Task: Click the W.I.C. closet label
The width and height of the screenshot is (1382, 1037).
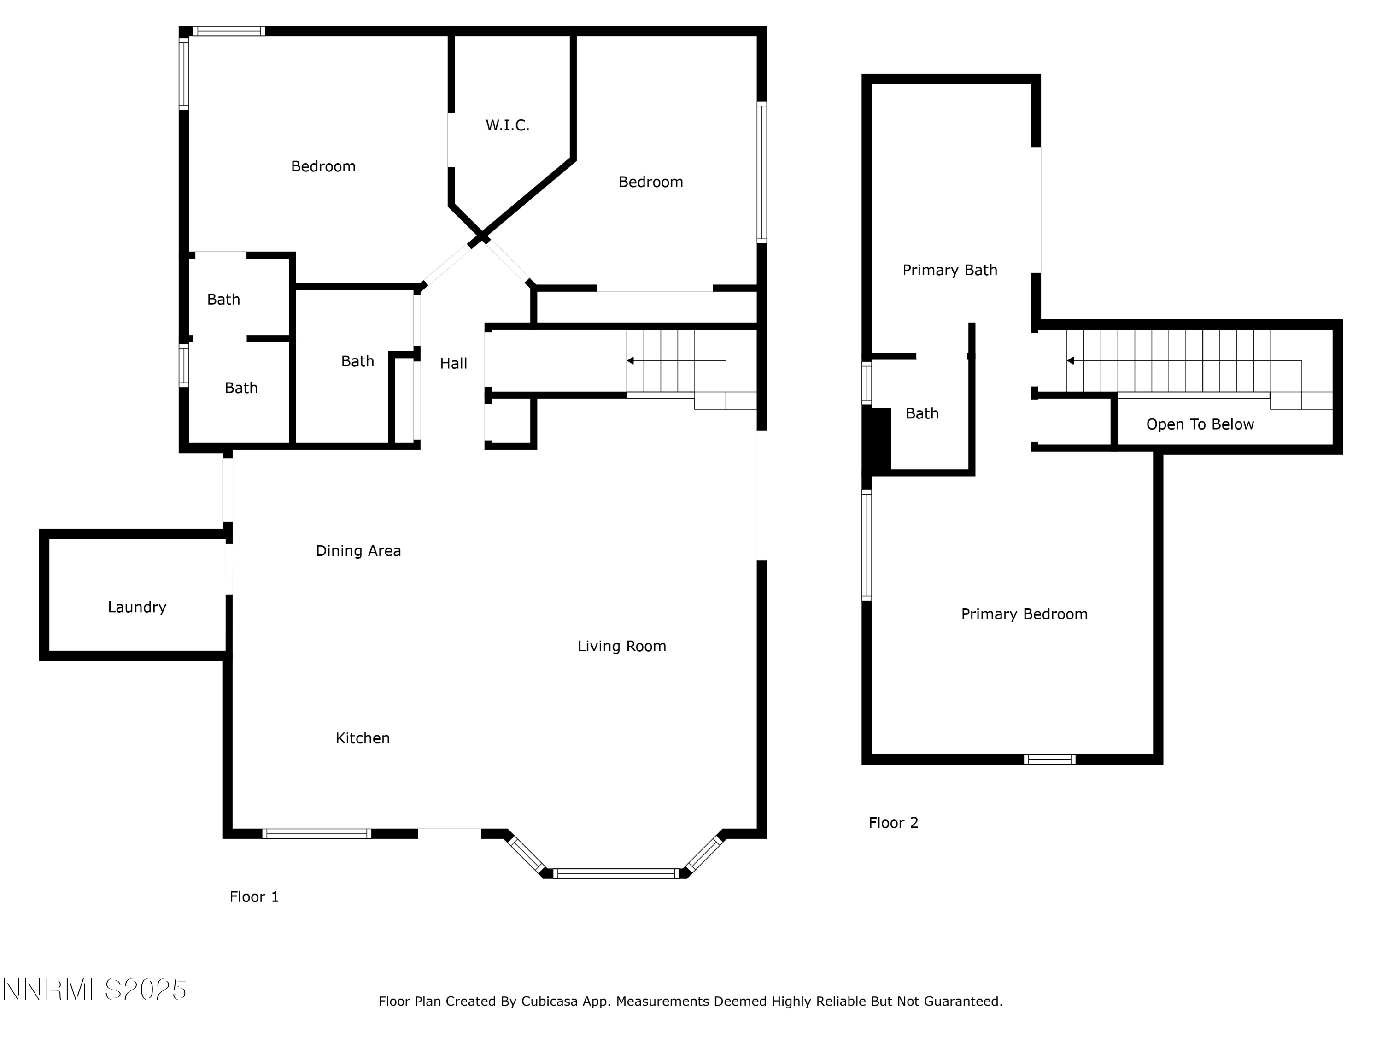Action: [507, 126]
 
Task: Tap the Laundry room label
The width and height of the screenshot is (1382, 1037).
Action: [137, 607]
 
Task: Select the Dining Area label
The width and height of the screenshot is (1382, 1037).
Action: [358, 551]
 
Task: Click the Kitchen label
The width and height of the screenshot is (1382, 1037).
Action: [363, 738]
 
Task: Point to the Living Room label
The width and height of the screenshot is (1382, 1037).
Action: [621, 646]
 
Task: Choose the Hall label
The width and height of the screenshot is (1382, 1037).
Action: [454, 363]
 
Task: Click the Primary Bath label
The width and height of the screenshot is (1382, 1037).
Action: [949, 270]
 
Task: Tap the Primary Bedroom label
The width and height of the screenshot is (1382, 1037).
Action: [1024, 614]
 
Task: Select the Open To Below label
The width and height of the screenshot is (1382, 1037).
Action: [1200, 424]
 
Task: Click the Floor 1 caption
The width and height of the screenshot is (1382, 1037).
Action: [254, 897]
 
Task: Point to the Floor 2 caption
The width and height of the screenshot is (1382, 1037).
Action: [893, 823]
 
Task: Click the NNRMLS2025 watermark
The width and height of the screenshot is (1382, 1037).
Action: [94, 990]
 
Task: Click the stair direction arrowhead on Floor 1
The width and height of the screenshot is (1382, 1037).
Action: [630, 361]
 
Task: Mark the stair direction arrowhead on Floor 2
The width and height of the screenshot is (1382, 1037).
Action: [1070, 361]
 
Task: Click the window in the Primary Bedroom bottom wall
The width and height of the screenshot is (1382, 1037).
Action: [1049, 760]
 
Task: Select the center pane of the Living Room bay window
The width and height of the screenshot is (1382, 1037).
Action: [616, 873]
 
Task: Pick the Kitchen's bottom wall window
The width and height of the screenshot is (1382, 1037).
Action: [317, 833]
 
